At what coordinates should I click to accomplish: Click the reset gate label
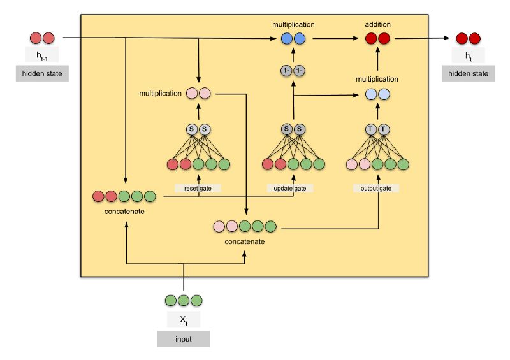click(198, 188)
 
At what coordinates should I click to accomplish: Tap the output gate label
click(376, 188)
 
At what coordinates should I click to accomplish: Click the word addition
click(377, 24)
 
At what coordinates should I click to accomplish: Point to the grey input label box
click(184, 339)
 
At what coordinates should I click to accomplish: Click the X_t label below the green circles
click(184, 317)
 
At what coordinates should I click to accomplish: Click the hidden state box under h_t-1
click(41, 73)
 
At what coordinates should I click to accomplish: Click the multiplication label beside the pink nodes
click(160, 94)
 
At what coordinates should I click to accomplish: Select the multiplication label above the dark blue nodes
click(293, 24)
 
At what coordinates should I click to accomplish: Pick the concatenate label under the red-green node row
click(125, 210)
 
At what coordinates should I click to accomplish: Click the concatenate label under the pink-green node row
click(245, 241)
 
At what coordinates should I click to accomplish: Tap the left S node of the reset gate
click(192, 129)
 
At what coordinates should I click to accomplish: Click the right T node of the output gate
click(384, 129)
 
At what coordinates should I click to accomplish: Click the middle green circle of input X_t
click(184, 300)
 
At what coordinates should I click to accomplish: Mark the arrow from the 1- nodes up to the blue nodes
click(293, 54)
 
